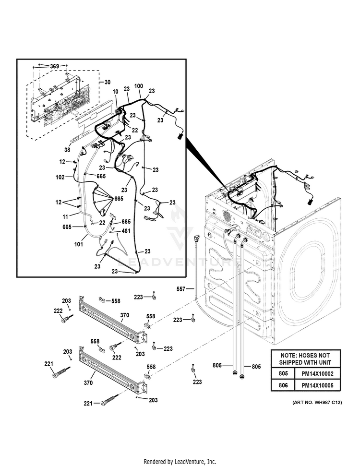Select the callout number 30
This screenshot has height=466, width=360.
[107, 82]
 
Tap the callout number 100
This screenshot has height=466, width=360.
[138, 86]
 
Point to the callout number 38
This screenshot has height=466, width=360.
[67, 150]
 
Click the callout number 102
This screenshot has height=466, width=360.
[60, 177]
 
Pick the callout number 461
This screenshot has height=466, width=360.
[126, 231]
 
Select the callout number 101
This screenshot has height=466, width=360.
[79, 243]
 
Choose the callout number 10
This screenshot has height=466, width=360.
[115, 92]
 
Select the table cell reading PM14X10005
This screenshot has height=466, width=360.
[320, 385]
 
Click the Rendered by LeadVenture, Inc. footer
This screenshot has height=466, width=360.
[180, 462]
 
